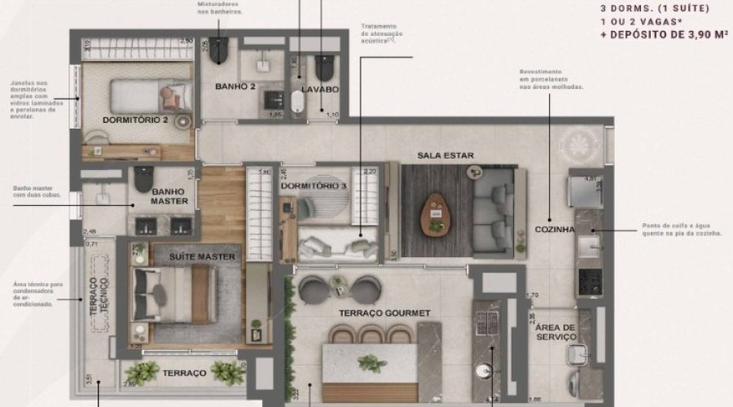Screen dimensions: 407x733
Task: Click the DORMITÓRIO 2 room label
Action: pyautogui.click(x=135, y=120)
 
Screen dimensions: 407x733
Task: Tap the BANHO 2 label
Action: pyautogui.click(x=235, y=85)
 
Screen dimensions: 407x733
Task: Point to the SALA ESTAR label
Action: pyautogui.click(x=446, y=155)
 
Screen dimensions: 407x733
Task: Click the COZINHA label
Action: pyautogui.click(x=555, y=230)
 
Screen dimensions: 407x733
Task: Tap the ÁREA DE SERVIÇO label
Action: pyautogui.click(x=556, y=332)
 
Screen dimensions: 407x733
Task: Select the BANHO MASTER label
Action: pyautogui.click(x=169, y=196)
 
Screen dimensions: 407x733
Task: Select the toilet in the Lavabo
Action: pyautogui.click(x=325, y=65)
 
